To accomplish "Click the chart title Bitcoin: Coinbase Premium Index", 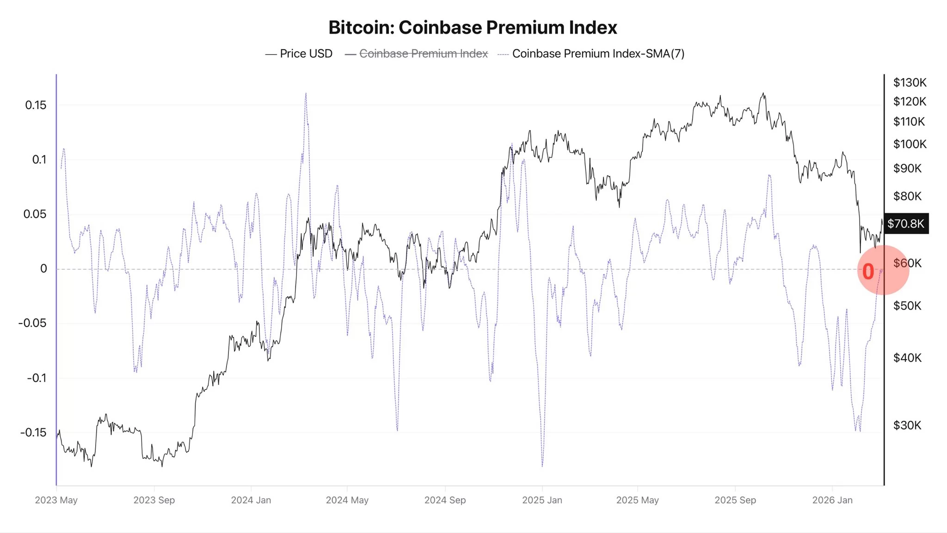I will tap(473, 28).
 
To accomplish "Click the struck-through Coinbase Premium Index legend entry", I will tap(423, 54).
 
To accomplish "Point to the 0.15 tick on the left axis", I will tap(36, 105).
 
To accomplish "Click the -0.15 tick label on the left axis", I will tap(33, 433).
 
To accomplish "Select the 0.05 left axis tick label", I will tap(35, 214).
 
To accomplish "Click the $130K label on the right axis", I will tap(910, 82).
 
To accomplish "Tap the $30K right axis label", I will tap(907, 425).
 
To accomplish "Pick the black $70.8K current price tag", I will tap(905, 224).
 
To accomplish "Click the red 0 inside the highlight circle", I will tap(868, 272).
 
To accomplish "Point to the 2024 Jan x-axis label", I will tap(251, 500).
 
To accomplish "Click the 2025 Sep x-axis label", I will tap(735, 500).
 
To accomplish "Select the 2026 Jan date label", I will tap(832, 500).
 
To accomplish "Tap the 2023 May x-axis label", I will tap(56, 500).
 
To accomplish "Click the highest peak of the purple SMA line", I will tap(306, 94).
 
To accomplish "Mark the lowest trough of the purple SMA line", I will tap(542, 465).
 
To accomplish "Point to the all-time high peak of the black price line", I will tap(763, 93).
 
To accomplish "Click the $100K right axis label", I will tap(910, 144).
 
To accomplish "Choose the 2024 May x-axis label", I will tap(347, 500).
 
